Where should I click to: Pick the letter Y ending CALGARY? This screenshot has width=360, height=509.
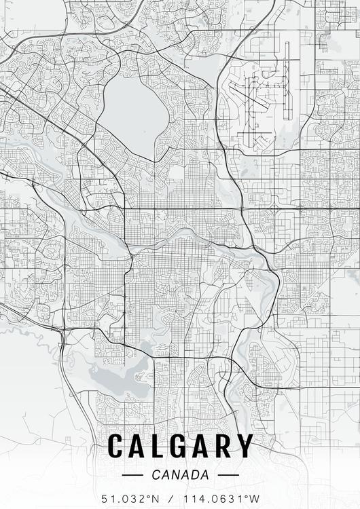click(x=245, y=446)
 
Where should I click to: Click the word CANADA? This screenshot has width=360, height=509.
click(x=180, y=474)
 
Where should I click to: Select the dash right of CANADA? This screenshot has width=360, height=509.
click(x=229, y=474)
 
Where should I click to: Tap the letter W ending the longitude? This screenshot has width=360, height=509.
click(x=254, y=499)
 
